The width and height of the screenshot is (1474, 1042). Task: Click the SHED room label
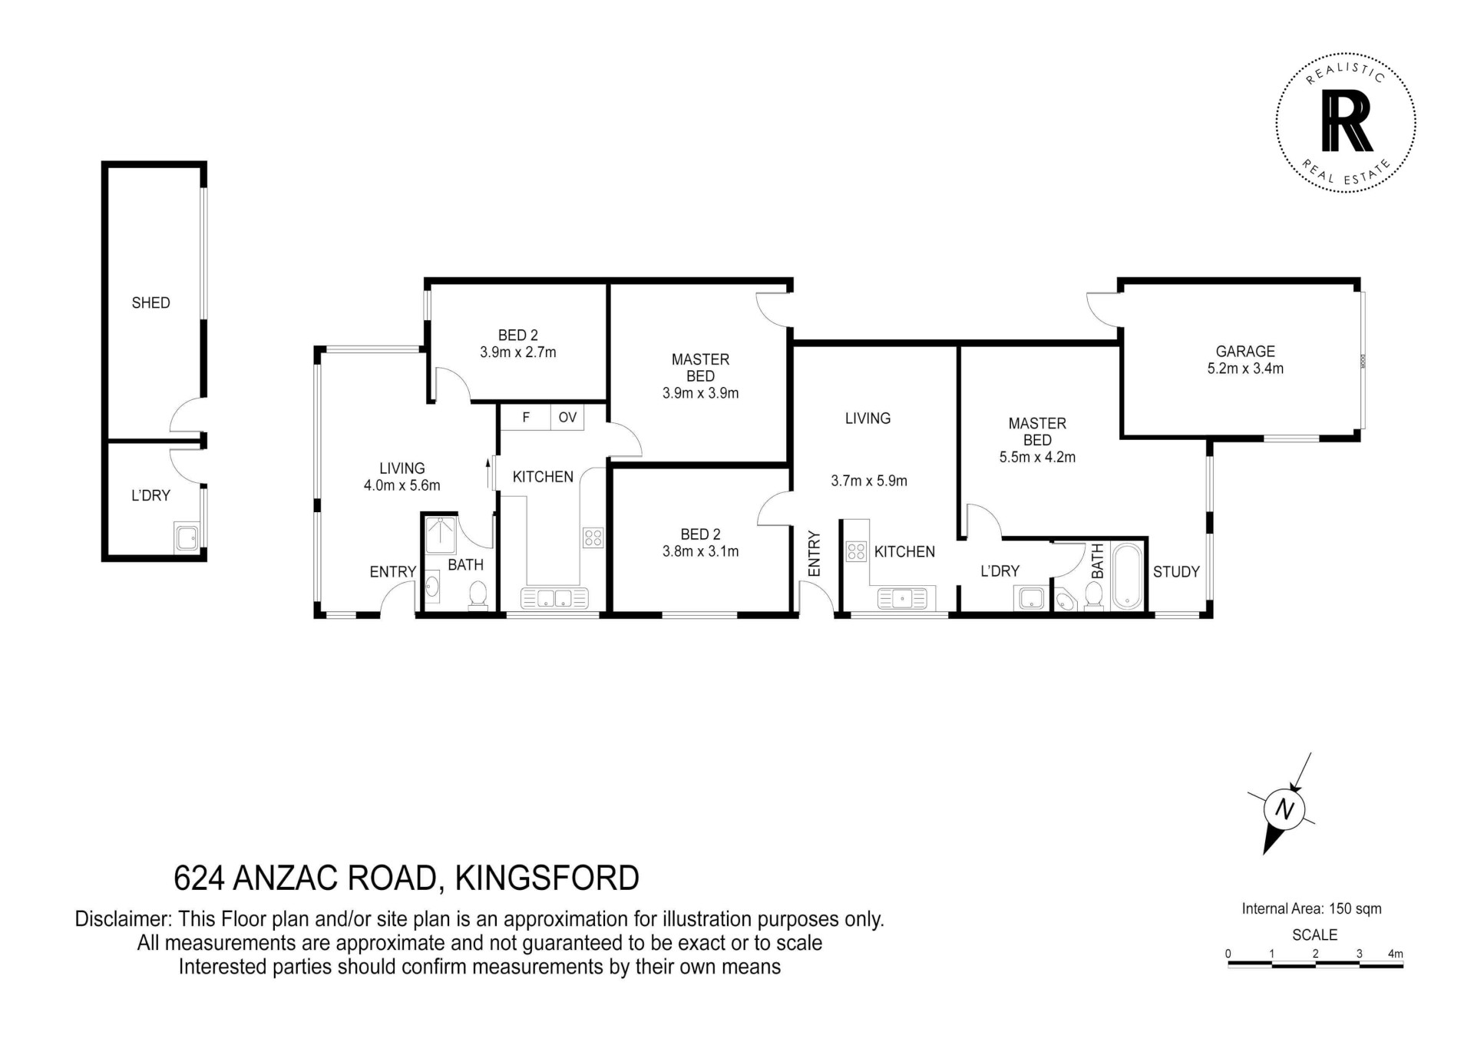150,303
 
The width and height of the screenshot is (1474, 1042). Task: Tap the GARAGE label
1245,352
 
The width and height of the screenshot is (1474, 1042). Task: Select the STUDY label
1176,572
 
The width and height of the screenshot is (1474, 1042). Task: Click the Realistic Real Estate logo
1346,122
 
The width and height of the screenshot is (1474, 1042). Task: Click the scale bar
1315,964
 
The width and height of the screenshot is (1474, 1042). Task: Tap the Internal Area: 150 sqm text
1311,909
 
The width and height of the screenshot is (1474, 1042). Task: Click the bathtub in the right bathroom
1127,577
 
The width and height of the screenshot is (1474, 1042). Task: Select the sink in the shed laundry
187,537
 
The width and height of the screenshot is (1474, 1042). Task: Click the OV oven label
567,418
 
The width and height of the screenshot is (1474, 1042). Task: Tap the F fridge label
526,418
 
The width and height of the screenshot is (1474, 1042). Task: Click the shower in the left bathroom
440,535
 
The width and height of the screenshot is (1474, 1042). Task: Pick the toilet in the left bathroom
478,596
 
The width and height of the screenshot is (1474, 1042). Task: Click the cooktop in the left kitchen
593,538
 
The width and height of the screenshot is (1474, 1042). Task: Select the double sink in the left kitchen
554,598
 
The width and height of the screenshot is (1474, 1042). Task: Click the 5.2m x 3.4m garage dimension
1245,369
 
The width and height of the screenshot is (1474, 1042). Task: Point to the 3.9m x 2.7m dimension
518,352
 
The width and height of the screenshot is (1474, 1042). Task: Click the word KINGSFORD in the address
547,878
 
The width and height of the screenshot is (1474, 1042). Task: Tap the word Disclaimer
124,920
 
